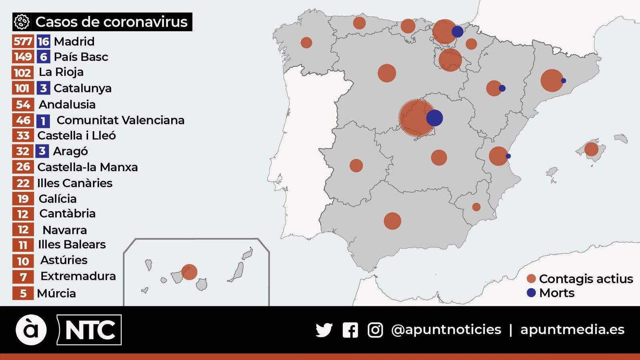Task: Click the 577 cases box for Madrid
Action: coord(23,41)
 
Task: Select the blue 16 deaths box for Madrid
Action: coord(43,41)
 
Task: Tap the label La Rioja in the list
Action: coord(61,72)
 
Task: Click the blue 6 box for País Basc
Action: coord(43,57)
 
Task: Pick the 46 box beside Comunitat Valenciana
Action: coord(23,120)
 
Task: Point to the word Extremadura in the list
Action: coord(78,276)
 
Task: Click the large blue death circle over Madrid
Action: coord(434,118)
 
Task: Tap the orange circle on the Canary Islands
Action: coord(189,272)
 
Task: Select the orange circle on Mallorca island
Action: coord(591,149)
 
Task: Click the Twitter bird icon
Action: coord(324,330)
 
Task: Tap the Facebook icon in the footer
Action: coord(350,330)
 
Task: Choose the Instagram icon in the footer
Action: coord(375,330)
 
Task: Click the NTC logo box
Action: coord(90,330)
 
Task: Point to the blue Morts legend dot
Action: coord(531,293)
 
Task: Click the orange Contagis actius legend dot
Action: coord(531,279)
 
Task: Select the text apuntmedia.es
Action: coord(572,330)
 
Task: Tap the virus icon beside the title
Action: coord(22,22)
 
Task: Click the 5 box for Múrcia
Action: coord(23,293)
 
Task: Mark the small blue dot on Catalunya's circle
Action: coord(564,80)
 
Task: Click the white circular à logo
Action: coord(31,330)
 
